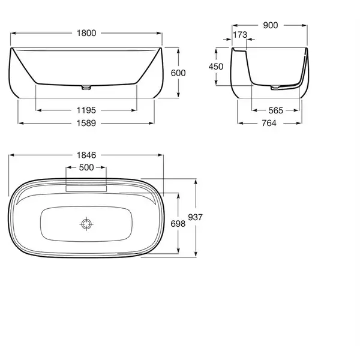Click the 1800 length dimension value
coord(86,33)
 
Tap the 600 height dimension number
coord(178,73)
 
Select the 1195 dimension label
coord(86,110)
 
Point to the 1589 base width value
coord(86,123)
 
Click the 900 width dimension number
coord(271,25)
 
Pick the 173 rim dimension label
coord(240,35)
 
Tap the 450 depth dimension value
coord(216,67)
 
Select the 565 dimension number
coord(276,110)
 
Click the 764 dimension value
coord(269,123)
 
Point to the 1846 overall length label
coord(86,155)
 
